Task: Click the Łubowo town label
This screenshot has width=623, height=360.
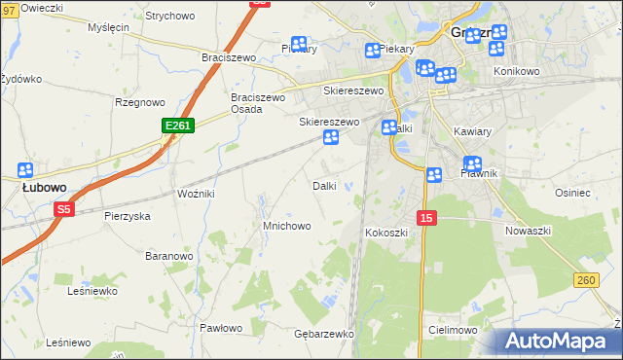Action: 44,187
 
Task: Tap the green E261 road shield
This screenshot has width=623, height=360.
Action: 178,126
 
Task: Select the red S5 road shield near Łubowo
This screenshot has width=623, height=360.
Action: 64,209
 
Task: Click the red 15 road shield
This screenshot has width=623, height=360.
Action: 427,218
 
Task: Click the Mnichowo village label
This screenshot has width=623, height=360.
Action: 287,226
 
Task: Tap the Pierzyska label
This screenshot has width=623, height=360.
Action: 128,216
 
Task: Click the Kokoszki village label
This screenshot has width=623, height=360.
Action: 385,234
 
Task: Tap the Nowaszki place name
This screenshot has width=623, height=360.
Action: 529,231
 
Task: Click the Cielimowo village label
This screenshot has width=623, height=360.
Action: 451,330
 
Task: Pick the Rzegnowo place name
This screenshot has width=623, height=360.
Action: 138,102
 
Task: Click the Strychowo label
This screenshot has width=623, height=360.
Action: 169,17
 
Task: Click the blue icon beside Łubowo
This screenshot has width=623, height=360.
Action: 26,169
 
